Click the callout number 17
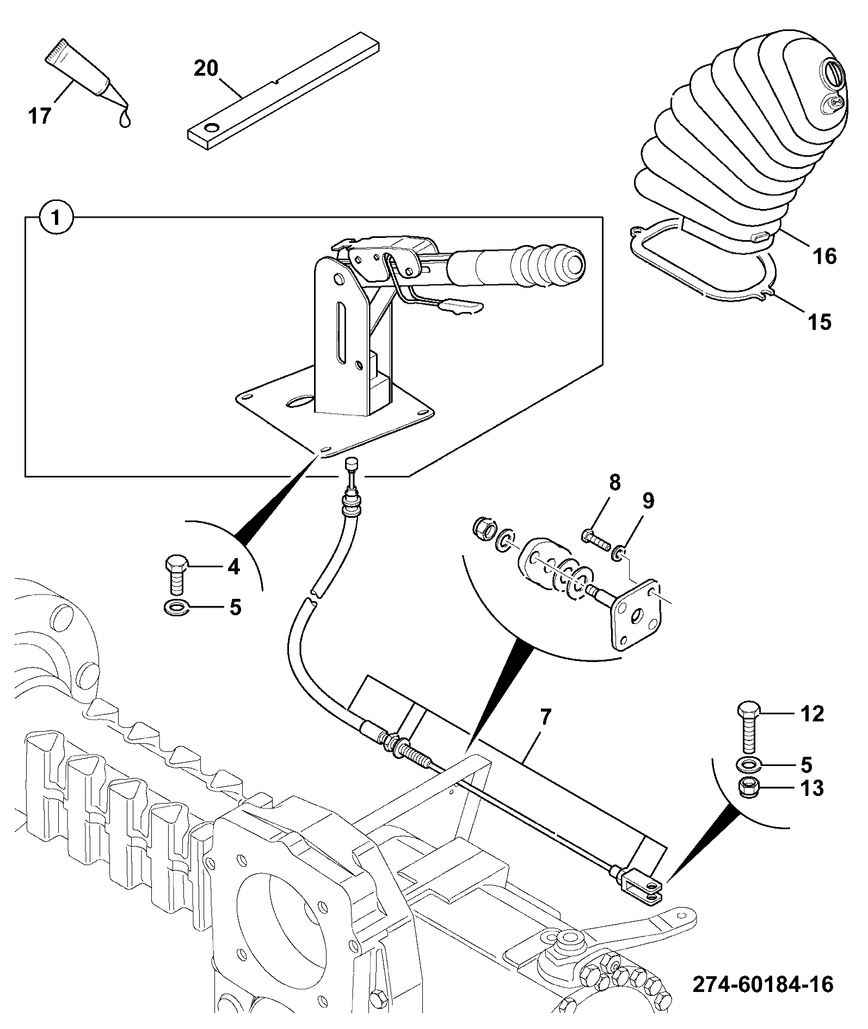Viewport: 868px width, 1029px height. click(40, 116)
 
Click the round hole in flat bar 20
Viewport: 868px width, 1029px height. click(210, 128)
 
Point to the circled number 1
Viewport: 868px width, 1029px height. click(56, 218)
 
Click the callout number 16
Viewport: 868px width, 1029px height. click(825, 256)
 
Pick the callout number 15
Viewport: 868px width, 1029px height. click(820, 322)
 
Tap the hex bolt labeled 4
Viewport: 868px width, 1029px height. click(176, 576)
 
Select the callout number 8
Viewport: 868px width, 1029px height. click(614, 482)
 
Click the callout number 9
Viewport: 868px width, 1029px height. click(648, 501)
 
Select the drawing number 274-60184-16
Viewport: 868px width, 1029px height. click(763, 984)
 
